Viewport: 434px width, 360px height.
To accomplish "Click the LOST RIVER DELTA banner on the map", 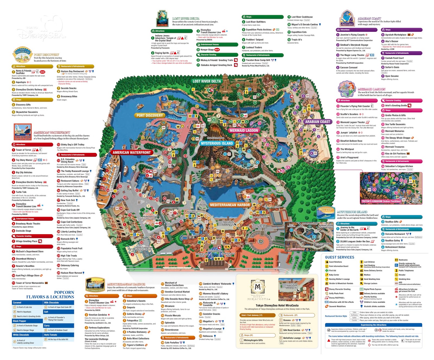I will pos(207,81).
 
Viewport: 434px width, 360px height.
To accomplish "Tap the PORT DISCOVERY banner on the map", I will pos(149,115).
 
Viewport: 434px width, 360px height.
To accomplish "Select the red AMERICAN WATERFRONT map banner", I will pos(132,153).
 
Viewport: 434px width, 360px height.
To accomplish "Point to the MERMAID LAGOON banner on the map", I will pos(244,130).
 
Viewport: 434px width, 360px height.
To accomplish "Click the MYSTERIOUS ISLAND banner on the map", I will pos(217,143).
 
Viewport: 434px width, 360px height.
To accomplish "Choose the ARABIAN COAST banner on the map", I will pos(318,122).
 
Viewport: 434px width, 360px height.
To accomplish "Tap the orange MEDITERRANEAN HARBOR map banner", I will pos(230,205).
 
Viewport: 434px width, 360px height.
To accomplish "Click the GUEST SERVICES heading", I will pos(340,257).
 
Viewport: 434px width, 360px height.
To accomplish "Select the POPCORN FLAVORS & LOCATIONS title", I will pos(50,295).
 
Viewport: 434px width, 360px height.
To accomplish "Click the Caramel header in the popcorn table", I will pos(17,303).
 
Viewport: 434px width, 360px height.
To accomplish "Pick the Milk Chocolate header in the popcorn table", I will pos(52,303).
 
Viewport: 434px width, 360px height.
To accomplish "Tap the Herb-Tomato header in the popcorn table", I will pos(51,335).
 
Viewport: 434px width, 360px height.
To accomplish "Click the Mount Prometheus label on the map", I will pos(216,138).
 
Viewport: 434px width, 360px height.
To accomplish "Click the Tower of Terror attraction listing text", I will pos(24,150).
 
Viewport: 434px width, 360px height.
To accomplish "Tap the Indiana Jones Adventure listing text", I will pos(165,38).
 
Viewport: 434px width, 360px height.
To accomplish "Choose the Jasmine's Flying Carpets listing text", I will pos(352,35).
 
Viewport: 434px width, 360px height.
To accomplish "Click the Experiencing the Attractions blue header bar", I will pos(374,325).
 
